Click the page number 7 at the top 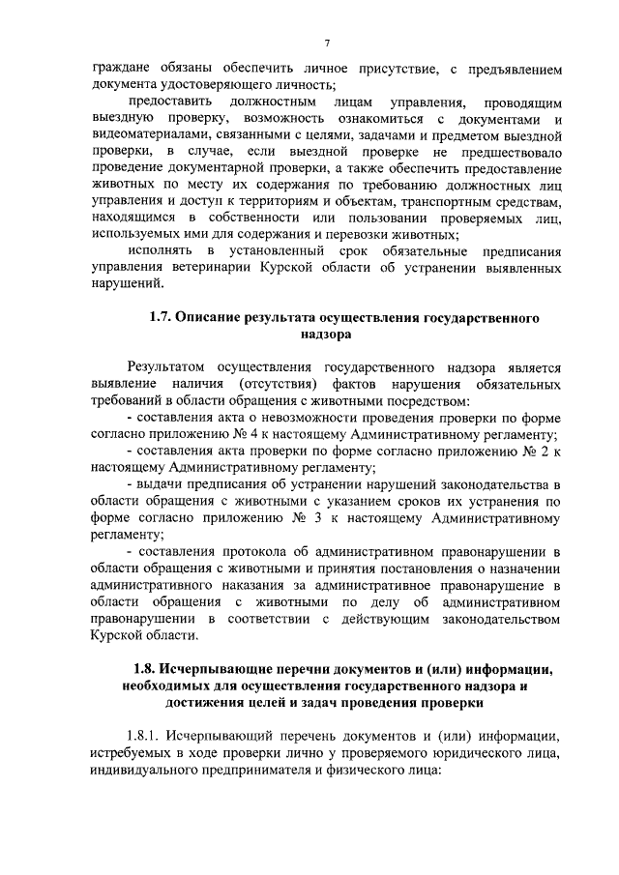coord(328,44)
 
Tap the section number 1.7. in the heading coord(160,317)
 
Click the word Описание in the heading coord(210,317)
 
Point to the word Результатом coord(170,367)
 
